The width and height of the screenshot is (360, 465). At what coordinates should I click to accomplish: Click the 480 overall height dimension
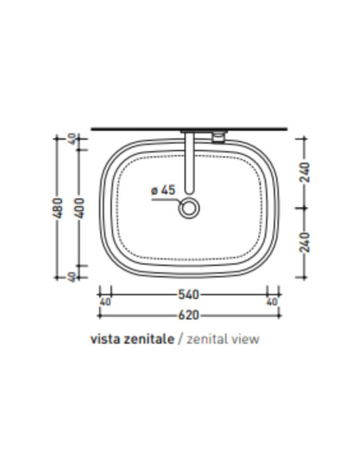tap(59, 208)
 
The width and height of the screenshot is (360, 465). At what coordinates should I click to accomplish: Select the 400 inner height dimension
tap(80, 209)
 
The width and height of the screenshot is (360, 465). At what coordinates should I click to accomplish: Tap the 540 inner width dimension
tap(189, 295)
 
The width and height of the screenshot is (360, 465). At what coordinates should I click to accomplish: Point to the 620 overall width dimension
tap(189, 315)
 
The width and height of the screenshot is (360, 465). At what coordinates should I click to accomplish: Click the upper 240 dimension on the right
tap(305, 172)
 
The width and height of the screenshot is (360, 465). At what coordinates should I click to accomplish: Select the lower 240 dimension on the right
tap(305, 242)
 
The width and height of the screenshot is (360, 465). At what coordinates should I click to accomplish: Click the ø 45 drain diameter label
tap(163, 190)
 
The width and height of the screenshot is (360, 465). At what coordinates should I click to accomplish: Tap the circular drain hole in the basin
tap(189, 208)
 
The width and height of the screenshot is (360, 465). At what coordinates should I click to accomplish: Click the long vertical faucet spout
tap(190, 162)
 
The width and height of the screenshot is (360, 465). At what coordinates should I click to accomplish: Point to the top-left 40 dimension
tap(72, 139)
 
